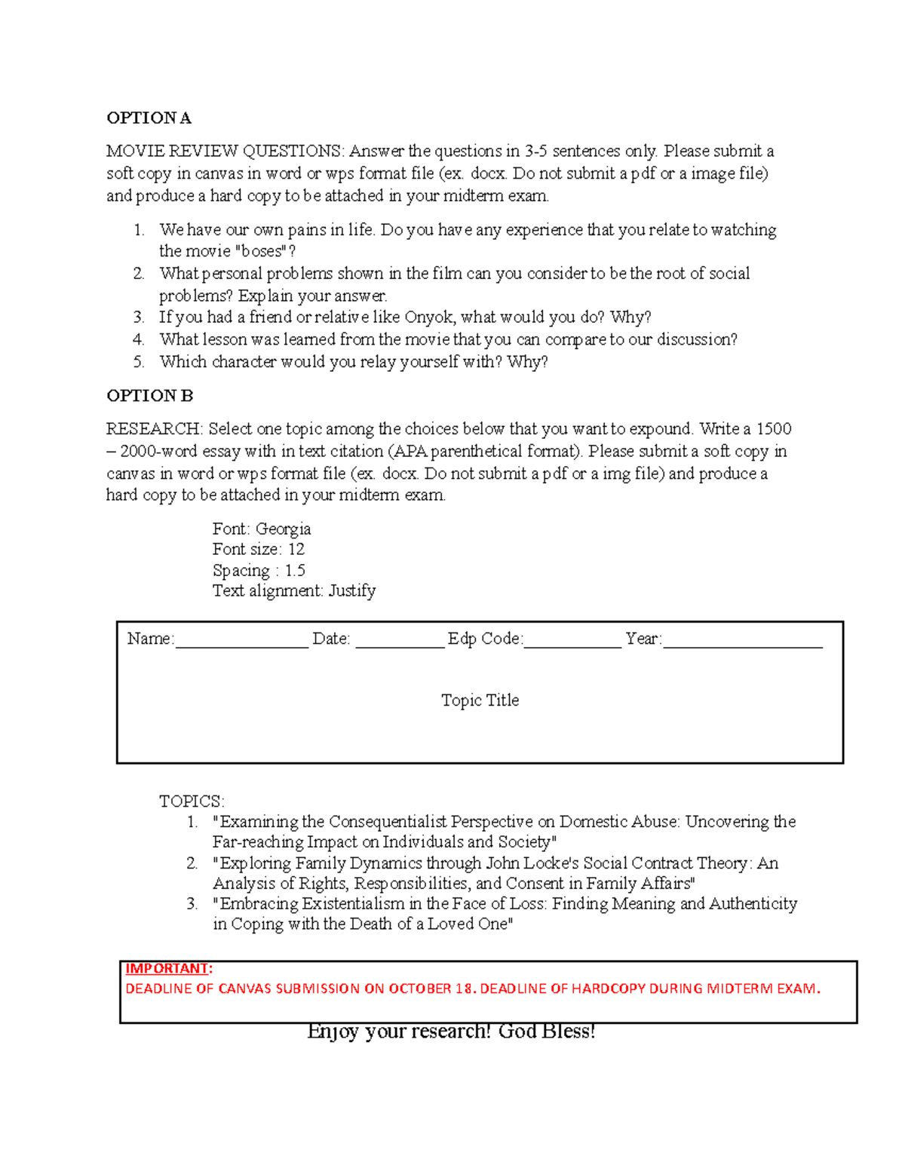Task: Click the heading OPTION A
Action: [149, 118]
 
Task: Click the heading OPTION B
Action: [149, 396]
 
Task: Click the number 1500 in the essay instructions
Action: [773, 429]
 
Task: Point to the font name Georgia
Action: [283, 529]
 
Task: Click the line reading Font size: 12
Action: [258, 549]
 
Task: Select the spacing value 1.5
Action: [295, 570]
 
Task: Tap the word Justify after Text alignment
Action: [351, 590]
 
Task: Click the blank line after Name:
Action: [241, 641]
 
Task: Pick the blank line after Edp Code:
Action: [572, 641]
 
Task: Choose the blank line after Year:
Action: [742, 641]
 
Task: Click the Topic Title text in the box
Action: [480, 700]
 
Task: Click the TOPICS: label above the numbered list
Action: [192, 801]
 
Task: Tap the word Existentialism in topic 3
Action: [353, 903]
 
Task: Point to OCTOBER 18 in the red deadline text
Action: [431, 989]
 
